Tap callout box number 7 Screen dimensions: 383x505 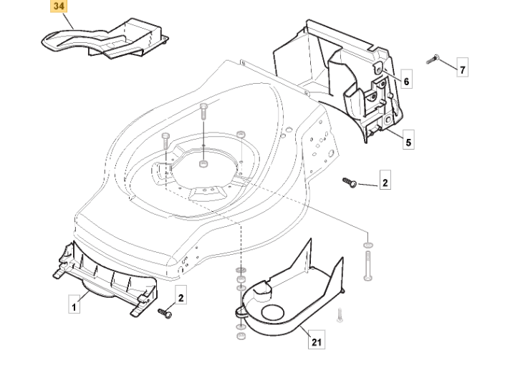tap(463, 69)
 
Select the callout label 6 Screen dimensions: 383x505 tap(406, 82)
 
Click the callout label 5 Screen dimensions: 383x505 tap(408, 142)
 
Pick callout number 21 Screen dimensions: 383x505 tap(316, 341)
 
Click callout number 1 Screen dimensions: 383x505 tap(74, 306)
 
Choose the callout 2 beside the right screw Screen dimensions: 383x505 tap(385, 183)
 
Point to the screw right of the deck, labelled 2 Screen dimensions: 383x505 tap(350, 183)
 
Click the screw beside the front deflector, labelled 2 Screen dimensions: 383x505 tap(165, 312)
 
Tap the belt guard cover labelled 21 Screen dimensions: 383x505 tap(287, 286)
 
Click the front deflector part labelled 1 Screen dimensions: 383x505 tap(107, 279)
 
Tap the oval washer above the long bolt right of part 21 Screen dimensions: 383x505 tap(368, 246)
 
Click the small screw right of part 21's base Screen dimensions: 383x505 tap(340, 314)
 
